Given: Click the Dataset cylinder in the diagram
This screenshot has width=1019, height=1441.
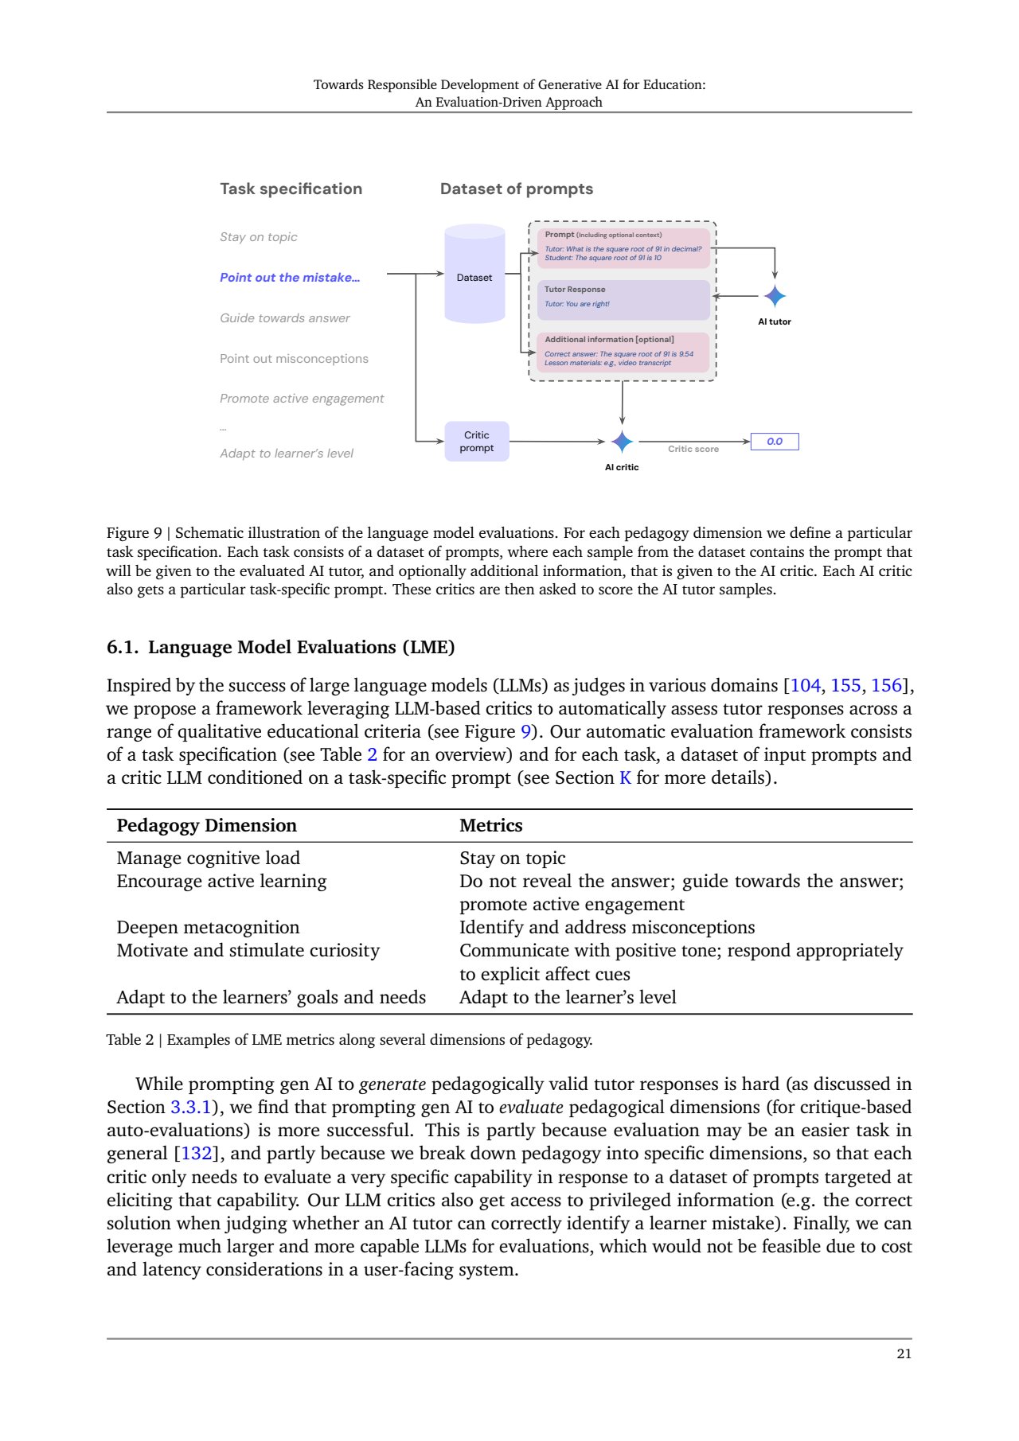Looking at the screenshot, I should click(x=474, y=275).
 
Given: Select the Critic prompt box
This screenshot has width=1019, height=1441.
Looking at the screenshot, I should click(x=476, y=442).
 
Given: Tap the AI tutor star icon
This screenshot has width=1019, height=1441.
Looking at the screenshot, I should click(x=775, y=296).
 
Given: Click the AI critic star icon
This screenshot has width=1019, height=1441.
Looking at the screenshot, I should click(x=622, y=442).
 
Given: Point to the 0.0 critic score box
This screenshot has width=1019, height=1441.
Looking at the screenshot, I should click(x=774, y=442).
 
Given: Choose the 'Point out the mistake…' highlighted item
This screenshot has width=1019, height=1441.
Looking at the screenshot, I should click(x=290, y=278).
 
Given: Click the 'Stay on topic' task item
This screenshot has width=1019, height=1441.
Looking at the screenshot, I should click(x=259, y=237).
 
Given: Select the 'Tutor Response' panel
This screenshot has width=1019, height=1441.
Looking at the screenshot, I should click(x=623, y=299).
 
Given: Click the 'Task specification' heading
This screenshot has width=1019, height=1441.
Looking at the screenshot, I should click(x=291, y=189).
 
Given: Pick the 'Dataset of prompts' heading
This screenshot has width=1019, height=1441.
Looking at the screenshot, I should click(x=517, y=189).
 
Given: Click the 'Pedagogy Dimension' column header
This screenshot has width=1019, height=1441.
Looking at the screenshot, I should click(x=206, y=826).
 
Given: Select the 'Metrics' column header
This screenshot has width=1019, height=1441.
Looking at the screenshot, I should click(x=491, y=826).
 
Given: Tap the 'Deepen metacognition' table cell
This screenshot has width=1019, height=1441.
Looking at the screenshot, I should click(x=208, y=928).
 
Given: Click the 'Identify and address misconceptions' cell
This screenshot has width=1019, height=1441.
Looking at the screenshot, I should click(x=607, y=928).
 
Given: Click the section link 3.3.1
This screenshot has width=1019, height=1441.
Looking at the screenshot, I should click(x=191, y=1108).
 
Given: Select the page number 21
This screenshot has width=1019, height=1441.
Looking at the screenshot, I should click(x=904, y=1354).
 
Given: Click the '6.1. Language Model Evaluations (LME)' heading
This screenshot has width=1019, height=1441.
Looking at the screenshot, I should click(x=280, y=648).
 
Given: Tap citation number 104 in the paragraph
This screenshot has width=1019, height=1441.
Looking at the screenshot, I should click(x=805, y=686).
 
